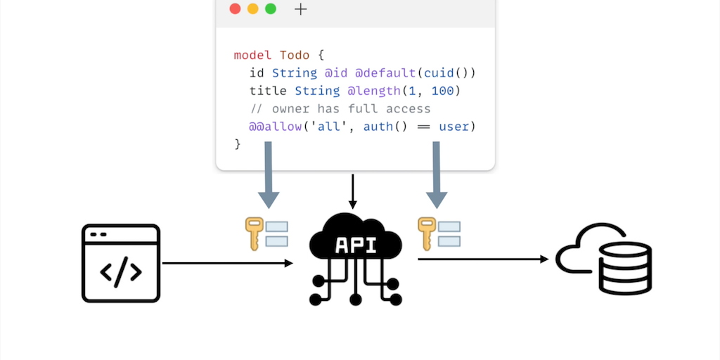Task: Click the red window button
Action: coord(235,9)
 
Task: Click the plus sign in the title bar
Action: coord(301,9)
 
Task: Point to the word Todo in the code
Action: coord(295,55)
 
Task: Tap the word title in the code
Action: coord(268,91)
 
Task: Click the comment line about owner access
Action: coord(340,109)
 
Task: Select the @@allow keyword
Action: coord(276,127)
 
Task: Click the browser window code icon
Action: coord(121,264)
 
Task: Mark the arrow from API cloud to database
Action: coord(483,259)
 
